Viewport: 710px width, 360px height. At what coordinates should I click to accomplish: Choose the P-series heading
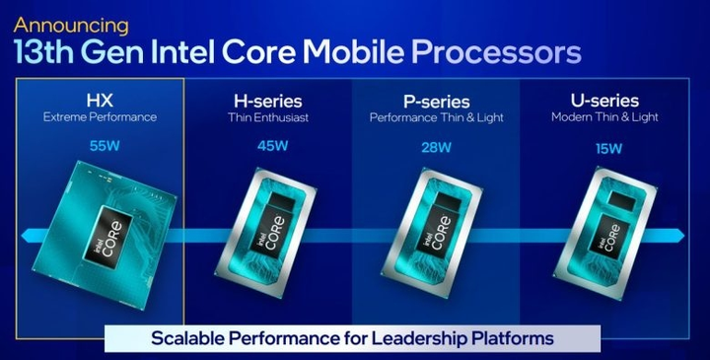point(435,101)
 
